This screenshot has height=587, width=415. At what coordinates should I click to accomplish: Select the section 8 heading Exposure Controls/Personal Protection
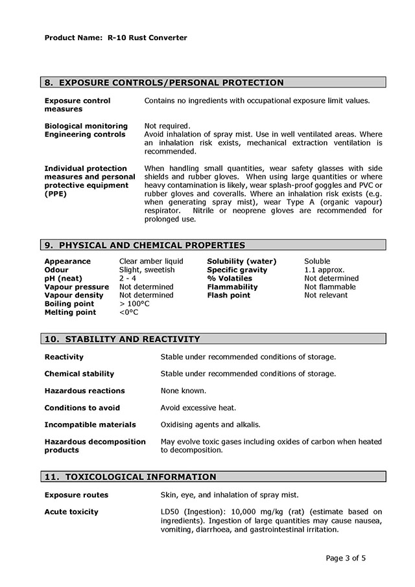[x=163, y=82]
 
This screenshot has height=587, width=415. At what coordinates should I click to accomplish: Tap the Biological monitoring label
[x=86, y=126]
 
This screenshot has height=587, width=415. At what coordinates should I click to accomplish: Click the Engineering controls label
[x=85, y=134]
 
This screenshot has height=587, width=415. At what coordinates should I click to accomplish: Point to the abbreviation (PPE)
[x=56, y=194]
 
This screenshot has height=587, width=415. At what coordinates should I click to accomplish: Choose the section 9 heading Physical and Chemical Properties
[x=144, y=245]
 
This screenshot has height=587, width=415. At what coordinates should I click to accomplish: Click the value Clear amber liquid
[x=151, y=261]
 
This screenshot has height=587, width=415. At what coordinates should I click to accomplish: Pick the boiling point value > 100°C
[x=134, y=303]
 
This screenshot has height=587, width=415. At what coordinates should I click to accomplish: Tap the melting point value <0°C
[x=129, y=312]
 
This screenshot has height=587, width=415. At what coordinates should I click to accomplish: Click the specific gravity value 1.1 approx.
[x=324, y=270]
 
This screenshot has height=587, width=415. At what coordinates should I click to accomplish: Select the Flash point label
[x=228, y=295]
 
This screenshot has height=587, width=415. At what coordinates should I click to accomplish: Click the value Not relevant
[x=326, y=295]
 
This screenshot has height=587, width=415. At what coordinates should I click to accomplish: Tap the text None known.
[x=184, y=391]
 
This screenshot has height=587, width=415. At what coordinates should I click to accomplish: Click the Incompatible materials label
[x=90, y=424]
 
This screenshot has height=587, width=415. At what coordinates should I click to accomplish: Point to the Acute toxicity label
[x=71, y=512]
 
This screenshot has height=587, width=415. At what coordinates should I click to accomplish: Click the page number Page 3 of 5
[x=350, y=557]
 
